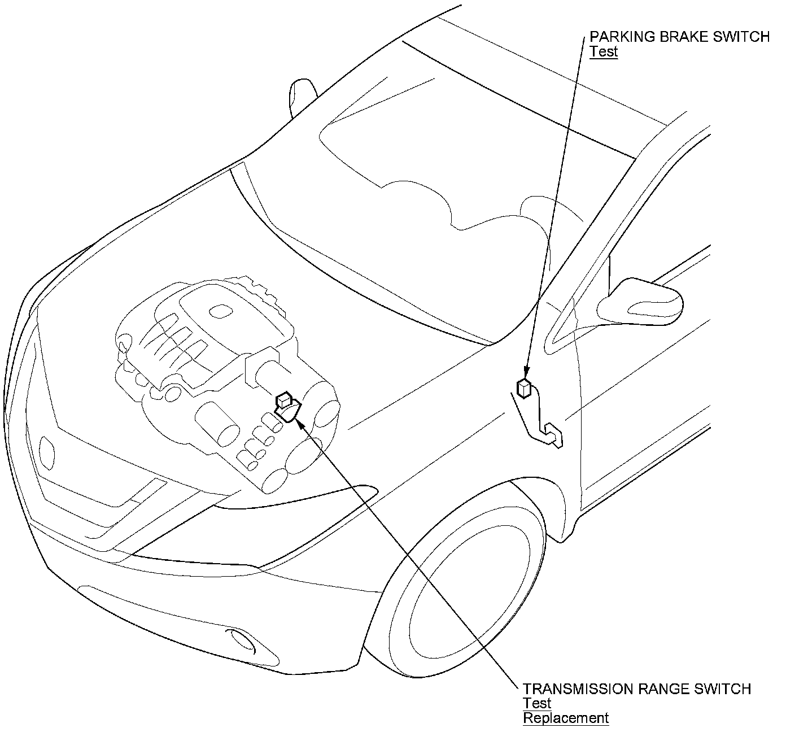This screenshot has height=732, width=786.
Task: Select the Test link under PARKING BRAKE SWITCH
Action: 604,52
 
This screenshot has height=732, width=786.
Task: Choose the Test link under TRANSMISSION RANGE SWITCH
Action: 536,703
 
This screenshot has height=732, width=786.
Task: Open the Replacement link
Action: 565,718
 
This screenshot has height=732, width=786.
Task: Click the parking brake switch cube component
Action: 525,388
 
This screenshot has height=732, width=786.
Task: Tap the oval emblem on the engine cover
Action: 219,311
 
